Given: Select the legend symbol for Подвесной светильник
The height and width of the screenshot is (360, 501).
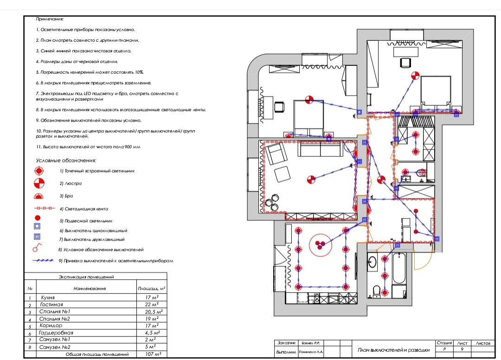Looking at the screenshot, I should click(38, 217).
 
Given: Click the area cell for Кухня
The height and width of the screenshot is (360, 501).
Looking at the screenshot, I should click(150, 297).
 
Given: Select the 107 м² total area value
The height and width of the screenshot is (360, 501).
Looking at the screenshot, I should click(150, 354).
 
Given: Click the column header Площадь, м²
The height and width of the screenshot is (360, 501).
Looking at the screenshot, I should click(151, 289).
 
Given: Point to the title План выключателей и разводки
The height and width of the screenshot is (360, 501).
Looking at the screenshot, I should click(394, 350).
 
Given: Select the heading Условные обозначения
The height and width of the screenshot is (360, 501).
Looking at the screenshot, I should click(66, 161).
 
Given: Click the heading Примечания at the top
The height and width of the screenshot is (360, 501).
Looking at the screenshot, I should click(50, 19).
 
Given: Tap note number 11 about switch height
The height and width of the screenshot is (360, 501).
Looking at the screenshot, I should click(88, 147).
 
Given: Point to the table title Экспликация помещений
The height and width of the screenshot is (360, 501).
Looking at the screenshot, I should click(86, 277).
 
